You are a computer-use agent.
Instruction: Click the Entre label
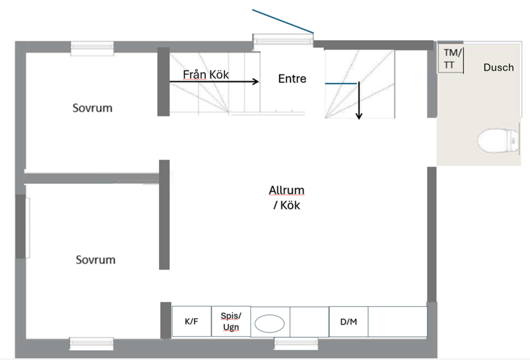click(292, 79)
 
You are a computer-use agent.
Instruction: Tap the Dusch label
click(499, 68)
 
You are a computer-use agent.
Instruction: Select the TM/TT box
click(450, 58)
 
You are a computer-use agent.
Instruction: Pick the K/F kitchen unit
click(192, 321)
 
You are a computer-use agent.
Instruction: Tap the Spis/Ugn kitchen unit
click(231, 321)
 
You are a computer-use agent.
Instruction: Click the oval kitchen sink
click(270, 324)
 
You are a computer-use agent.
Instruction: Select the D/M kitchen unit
click(348, 322)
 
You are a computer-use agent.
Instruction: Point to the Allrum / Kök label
click(287, 198)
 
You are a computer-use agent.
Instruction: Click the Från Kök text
click(206, 75)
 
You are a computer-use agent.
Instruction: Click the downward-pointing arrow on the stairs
click(359, 100)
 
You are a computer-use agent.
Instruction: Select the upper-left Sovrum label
click(92, 108)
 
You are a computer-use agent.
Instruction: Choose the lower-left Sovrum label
click(96, 260)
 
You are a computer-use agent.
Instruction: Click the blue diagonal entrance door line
click(283, 21)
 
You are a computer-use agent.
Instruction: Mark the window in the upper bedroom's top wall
click(92, 48)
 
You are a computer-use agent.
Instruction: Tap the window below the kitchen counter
click(296, 343)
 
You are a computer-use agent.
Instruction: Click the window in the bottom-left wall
click(91, 344)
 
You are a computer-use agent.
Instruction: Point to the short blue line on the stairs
click(341, 84)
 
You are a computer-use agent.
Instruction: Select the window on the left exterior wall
click(28, 228)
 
